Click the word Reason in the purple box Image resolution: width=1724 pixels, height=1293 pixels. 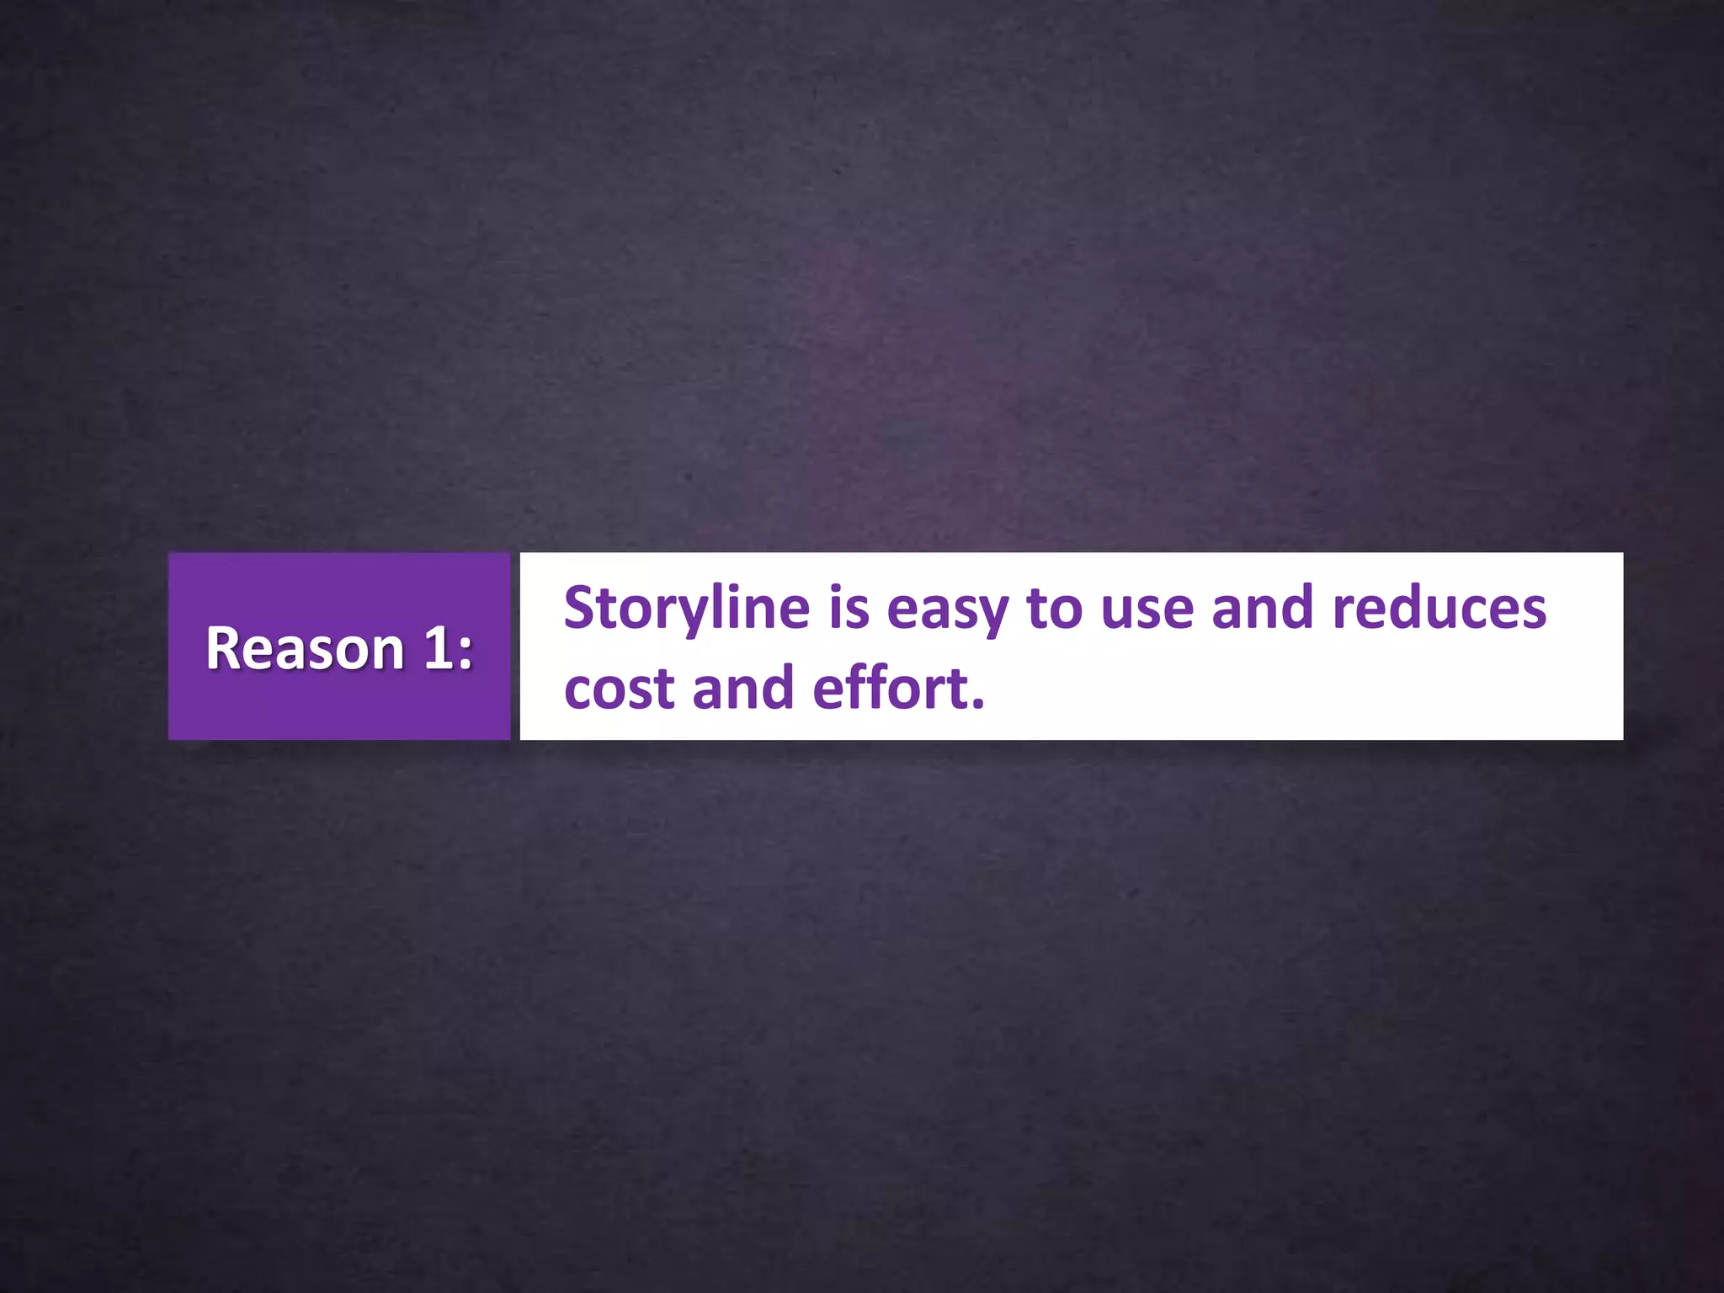coord(305,649)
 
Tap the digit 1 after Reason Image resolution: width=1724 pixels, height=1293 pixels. coord(438,649)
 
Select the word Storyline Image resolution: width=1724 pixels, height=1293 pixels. coord(686,609)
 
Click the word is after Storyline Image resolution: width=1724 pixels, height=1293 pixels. coord(849,609)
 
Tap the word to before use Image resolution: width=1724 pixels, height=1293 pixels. coord(1053,609)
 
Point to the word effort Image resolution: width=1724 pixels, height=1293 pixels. coord(889,688)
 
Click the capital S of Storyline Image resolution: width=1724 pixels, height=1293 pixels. coord(582,607)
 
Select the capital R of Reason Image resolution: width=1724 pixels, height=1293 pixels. coord(224,649)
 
